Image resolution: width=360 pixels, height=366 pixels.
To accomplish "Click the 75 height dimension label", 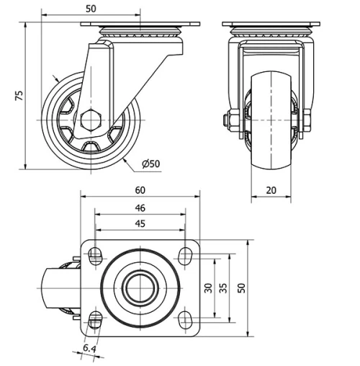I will tap(19, 94).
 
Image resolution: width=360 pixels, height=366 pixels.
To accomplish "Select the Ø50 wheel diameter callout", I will tap(150, 164).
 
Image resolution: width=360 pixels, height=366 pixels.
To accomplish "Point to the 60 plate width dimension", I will tap(140, 190).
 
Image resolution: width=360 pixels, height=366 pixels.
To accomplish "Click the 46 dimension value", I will tap(140, 207).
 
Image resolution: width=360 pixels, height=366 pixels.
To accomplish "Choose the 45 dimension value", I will tap(140, 223).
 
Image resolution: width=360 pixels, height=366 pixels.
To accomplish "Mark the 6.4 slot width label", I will tap(89, 348).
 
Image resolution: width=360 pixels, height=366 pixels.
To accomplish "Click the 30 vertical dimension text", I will tap(208, 287).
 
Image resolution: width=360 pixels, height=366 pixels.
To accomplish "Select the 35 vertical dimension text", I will tap(223, 287).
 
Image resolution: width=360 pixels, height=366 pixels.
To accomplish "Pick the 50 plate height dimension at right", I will tap(242, 287).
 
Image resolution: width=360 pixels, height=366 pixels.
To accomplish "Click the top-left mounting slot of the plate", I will tap(95, 253).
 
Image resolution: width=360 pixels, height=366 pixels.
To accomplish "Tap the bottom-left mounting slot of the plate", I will tap(95, 319).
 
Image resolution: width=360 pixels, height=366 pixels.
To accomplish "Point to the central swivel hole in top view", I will tap(140, 287).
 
